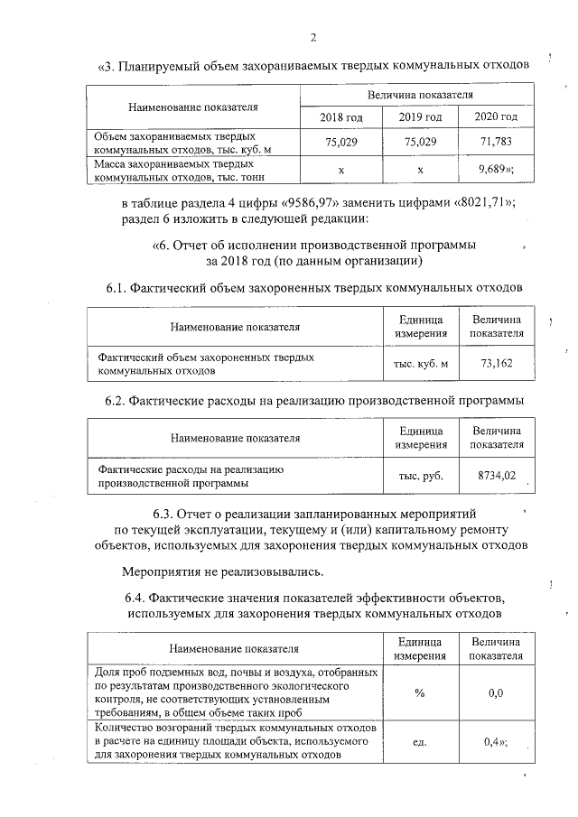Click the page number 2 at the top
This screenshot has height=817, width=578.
[x=312, y=37]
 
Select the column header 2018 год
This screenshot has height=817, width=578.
[x=341, y=117]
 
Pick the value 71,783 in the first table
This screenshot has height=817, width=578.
[x=496, y=143]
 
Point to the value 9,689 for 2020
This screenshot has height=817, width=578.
[x=493, y=170]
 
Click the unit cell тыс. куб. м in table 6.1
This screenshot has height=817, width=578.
[x=421, y=364]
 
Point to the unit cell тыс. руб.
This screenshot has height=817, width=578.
[x=421, y=475]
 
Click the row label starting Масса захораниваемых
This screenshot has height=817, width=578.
[x=175, y=171]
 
